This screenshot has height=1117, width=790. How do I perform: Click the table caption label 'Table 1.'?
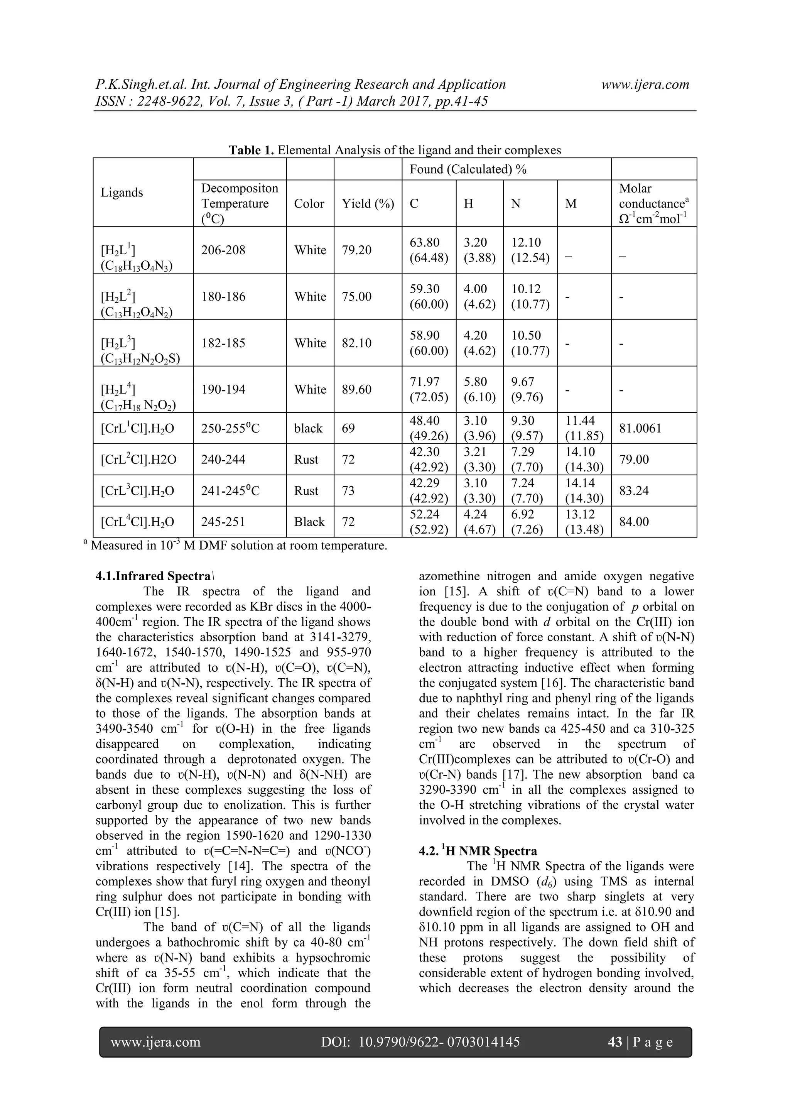[x=252, y=150]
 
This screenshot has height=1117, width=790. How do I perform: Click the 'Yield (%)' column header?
[x=367, y=203]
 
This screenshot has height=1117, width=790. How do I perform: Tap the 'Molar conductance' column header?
[x=652, y=203]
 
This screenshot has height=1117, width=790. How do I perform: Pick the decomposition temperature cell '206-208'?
[x=223, y=250]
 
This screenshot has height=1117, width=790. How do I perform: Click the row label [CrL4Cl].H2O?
[x=137, y=522]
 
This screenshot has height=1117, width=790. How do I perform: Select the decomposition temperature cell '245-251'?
[x=223, y=522]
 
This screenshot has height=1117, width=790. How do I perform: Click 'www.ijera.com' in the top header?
[x=645, y=84]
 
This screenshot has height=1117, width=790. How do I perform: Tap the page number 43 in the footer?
[x=615, y=1042]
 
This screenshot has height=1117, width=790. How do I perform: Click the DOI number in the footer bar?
[x=439, y=1042]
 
